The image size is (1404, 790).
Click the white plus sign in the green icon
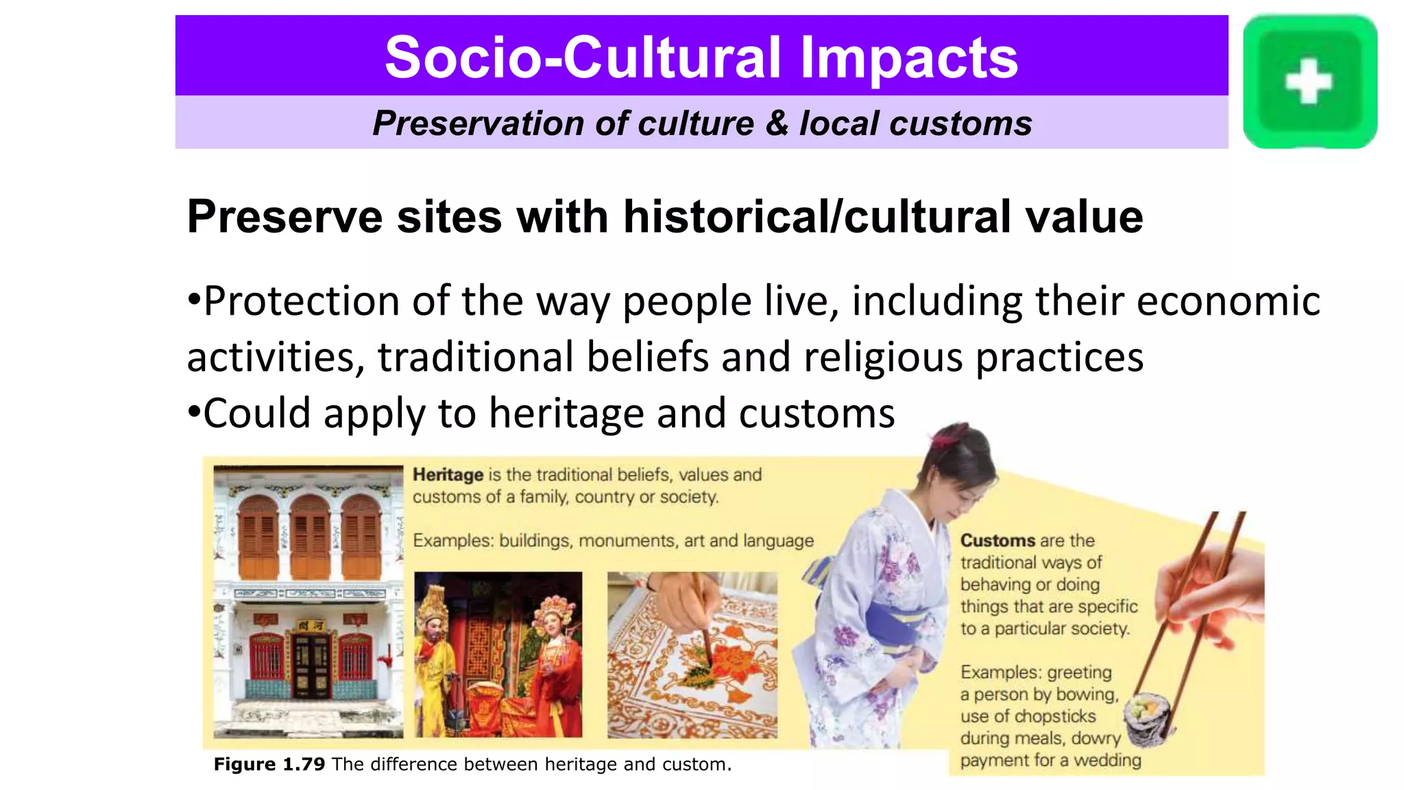point(1308,81)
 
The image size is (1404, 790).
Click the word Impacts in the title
point(909,58)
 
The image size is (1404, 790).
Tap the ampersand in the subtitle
point(777,123)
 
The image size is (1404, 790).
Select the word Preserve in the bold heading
point(285,217)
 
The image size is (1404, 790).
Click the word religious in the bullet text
point(883,357)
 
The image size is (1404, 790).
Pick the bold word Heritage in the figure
point(448,475)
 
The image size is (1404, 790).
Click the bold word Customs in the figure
point(997,540)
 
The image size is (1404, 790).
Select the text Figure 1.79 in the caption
point(269,764)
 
